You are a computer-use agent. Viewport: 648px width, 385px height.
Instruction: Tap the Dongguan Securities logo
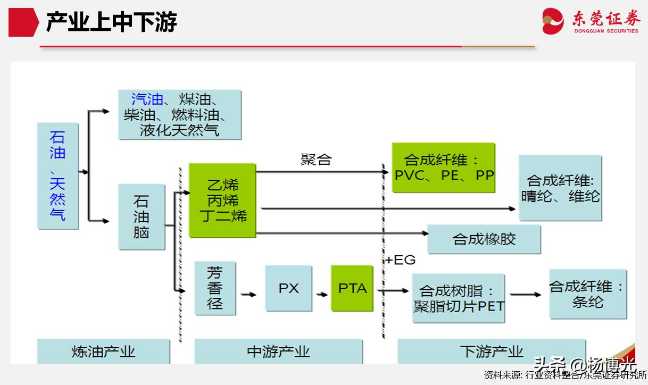(591, 21)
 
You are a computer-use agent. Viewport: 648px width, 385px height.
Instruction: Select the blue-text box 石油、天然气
(57, 175)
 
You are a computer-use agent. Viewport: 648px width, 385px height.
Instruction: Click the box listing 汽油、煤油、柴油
(179, 114)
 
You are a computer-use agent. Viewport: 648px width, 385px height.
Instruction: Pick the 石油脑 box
(142, 216)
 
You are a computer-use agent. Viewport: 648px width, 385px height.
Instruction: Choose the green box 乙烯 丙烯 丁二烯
(222, 200)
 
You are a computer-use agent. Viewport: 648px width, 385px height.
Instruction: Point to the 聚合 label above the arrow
(315, 160)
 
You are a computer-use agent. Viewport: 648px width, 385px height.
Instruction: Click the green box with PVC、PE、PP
(444, 168)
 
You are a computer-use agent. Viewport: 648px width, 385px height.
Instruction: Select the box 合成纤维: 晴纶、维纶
(560, 188)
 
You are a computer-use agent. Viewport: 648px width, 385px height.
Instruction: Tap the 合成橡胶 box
(484, 239)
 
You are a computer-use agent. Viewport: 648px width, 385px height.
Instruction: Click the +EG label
(400, 260)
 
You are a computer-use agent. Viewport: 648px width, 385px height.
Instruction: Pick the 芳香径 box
(215, 288)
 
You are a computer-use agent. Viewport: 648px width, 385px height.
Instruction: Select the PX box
(288, 288)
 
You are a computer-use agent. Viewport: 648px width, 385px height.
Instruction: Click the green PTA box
(352, 288)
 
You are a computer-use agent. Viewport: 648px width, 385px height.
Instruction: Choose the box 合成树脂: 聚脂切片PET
(458, 298)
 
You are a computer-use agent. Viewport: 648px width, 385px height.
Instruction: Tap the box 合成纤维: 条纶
(587, 294)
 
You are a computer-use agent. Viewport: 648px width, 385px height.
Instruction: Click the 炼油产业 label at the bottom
(103, 351)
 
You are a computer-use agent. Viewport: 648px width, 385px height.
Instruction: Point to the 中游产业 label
(278, 351)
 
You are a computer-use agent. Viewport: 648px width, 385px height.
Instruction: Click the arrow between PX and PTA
(321, 294)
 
